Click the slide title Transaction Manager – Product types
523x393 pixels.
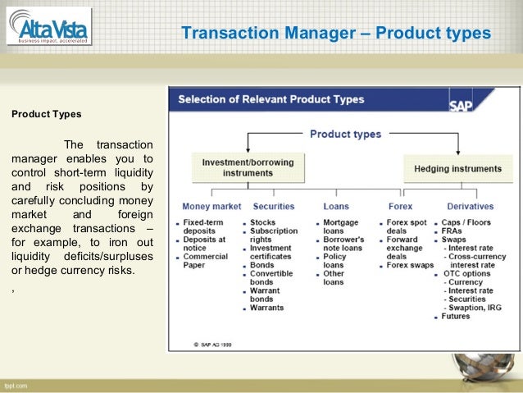tap(335, 34)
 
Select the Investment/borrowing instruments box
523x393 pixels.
tap(237, 167)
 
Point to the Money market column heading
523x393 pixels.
tap(211, 206)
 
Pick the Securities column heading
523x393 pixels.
tap(274, 206)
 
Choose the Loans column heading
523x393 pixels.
tap(335, 206)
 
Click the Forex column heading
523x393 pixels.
tap(399, 206)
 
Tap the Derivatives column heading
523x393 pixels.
tap(470, 206)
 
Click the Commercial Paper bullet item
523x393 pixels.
tap(206, 261)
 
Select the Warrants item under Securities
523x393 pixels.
tap(266, 308)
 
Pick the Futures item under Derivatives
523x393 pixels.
tap(456, 316)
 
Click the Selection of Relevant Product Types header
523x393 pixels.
tap(271, 99)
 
